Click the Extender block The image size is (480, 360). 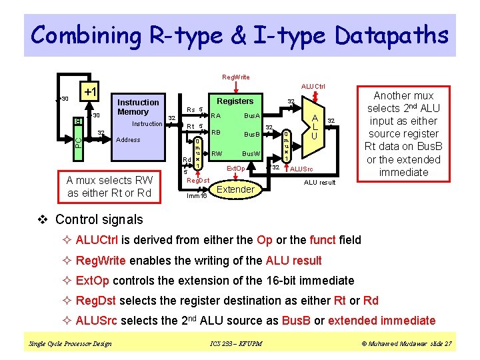[x=236, y=189]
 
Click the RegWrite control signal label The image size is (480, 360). [x=236, y=77]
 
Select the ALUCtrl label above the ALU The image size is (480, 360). [x=313, y=87]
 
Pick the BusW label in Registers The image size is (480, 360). [x=251, y=154]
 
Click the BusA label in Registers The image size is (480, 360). [x=251, y=116]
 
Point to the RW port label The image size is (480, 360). [x=217, y=154]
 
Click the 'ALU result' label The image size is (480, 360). [x=320, y=182]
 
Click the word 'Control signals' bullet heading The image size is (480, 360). [x=99, y=219]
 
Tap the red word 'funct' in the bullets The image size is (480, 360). [x=323, y=240]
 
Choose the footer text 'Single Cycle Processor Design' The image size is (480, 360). [x=69, y=344]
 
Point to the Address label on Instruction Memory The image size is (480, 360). [x=128, y=140]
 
